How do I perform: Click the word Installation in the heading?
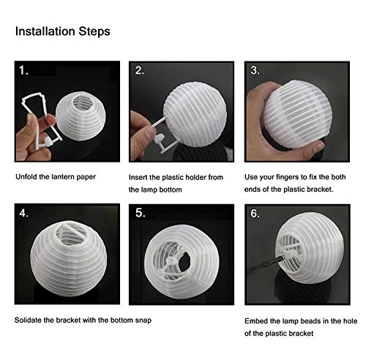[x=45, y=31]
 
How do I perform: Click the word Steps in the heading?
[x=94, y=31]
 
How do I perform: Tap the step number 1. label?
[x=23, y=71]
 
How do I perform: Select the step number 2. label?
[x=140, y=70]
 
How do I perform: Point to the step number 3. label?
[x=255, y=70]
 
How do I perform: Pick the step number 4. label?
[x=24, y=213]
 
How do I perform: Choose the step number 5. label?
[x=141, y=213]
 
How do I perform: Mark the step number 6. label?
[x=255, y=214]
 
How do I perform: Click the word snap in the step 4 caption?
[x=143, y=320]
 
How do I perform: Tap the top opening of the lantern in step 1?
[x=83, y=103]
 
